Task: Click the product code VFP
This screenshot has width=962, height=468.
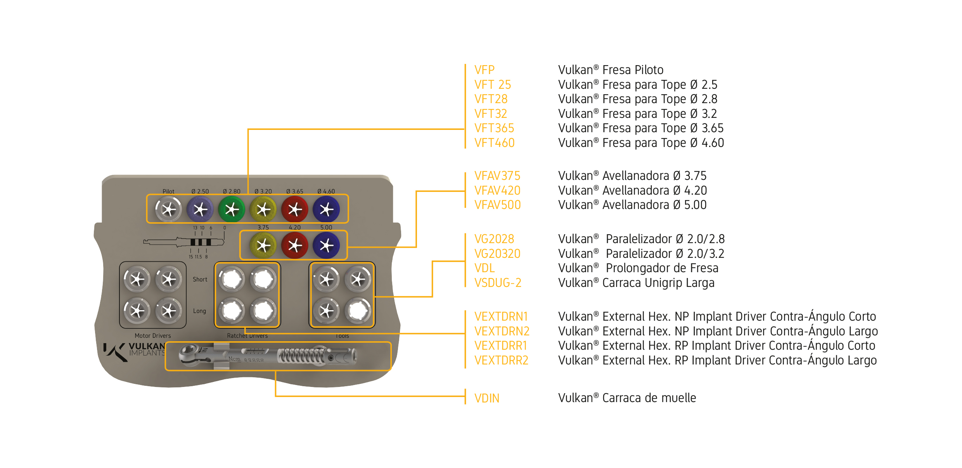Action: (x=484, y=70)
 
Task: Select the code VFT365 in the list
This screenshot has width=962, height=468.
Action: (x=494, y=128)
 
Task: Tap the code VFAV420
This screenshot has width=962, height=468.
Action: (x=497, y=190)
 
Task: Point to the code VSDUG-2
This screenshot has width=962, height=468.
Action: (x=498, y=283)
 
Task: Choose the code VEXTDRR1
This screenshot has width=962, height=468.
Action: (x=501, y=345)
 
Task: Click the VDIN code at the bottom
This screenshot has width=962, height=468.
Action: (x=487, y=398)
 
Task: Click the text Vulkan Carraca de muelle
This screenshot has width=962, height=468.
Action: (x=627, y=398)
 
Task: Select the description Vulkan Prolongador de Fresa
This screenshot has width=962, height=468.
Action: (x=638, y=268)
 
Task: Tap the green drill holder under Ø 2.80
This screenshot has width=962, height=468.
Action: (x=232, y=209)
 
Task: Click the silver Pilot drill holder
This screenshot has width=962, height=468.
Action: (x=168, y=209)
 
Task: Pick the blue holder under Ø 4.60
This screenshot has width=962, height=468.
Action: (x=326, y=209)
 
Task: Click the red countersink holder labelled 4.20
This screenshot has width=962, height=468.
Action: (x=295, y=245)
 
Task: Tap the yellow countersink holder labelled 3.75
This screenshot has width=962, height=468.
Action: (x=263, y=245)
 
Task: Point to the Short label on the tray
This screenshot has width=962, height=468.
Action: (x=200, y=279)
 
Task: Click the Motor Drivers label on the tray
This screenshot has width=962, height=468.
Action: (x=152, y=335)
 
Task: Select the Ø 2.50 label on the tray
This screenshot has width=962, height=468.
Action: (x=200, y=191)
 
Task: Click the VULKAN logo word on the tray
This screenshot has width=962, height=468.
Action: (x=147, y=346)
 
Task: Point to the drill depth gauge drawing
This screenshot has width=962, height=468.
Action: (x=184, y=242)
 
